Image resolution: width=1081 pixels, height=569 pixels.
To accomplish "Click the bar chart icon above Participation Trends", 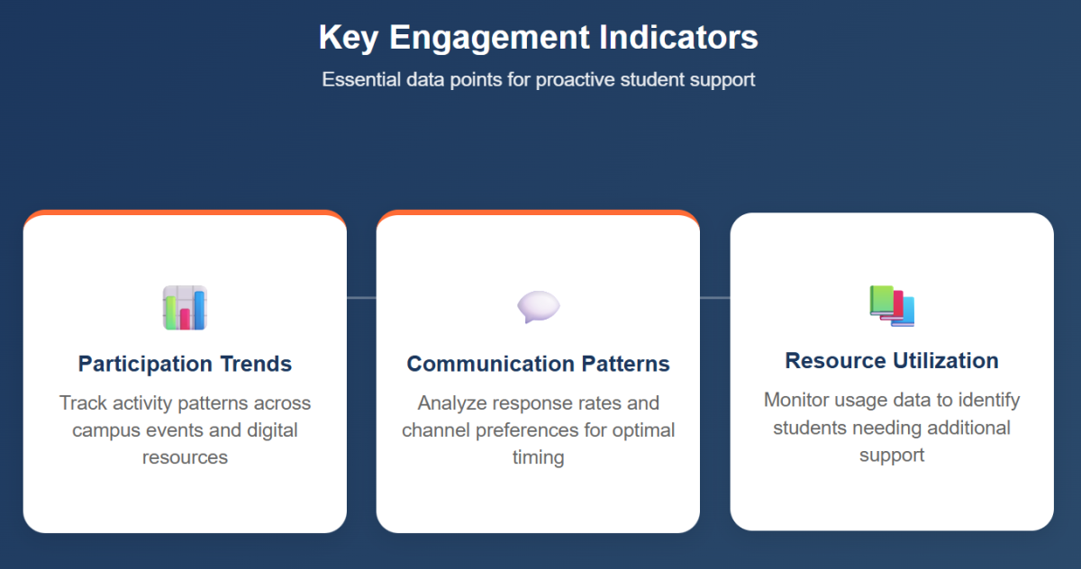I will pos(185,308).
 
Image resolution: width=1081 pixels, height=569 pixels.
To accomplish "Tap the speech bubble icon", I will pos(538,307).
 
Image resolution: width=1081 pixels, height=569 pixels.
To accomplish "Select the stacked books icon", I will pos(892,305).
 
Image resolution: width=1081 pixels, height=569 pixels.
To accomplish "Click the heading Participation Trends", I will pos(185,364).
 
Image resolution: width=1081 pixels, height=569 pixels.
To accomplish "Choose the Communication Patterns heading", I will pos(538,364).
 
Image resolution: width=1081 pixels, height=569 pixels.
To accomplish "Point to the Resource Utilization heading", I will pos(892,360).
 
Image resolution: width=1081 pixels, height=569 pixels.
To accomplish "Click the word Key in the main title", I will pos(349,38).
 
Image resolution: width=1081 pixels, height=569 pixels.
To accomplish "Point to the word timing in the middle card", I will pos(538,457).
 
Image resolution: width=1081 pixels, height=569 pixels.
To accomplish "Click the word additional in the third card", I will pos(958,427).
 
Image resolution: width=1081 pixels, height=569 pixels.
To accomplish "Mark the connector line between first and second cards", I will pos(361,297).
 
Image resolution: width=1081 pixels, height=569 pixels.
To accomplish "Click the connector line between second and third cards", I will pos(714,297).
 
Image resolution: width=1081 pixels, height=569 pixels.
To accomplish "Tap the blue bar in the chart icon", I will pos(199,311).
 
